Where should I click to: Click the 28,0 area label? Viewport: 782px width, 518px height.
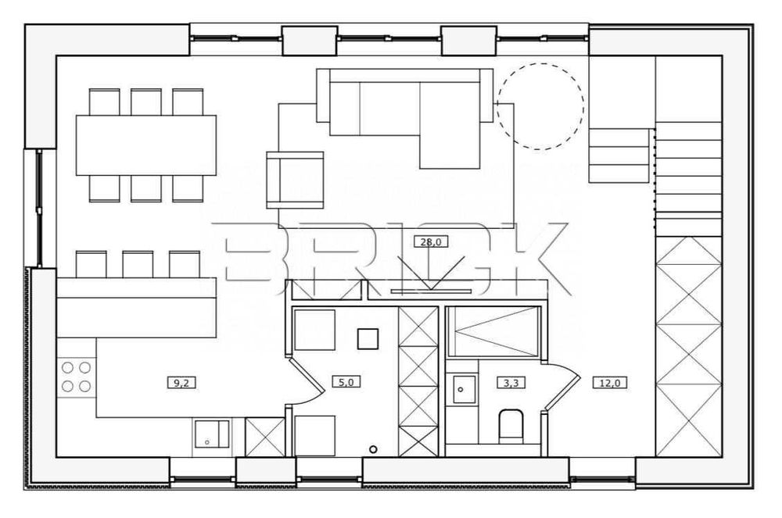(431, 242)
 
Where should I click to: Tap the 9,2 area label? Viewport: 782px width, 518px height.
(181, 383)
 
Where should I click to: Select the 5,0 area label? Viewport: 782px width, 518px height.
(346, 382)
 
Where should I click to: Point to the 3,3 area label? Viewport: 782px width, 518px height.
(511, 383)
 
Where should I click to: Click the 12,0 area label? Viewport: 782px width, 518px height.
(609, 383)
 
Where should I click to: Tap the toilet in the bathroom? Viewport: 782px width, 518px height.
(511, 426)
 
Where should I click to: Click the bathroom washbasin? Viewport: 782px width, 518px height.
(464, 389)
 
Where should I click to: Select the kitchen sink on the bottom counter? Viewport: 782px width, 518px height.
(212, 434)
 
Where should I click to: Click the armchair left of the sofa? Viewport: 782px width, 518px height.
(296, 180)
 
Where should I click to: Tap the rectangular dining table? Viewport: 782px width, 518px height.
(146, 145)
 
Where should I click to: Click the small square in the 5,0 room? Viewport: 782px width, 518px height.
(368, 339)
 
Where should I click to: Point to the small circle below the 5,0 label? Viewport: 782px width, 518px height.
(373, 449)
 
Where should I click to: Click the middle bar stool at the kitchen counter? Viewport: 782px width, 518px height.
(138, 264)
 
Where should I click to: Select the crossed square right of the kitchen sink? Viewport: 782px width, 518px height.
(265, 437)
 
